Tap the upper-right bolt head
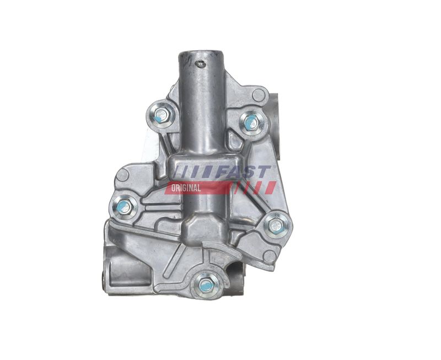tap(251, 121)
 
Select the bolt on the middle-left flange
tap(123, 207)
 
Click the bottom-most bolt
tap(205, 284)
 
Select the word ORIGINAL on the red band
tap(186, 188)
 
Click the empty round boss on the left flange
tap(123, 175)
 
